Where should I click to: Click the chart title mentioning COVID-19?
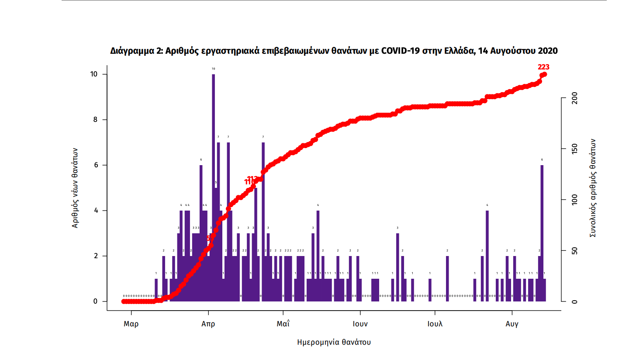click(x=334, y=51)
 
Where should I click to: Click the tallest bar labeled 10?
click(x=213, y=188)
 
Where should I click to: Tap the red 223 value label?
click(x=543, y=67)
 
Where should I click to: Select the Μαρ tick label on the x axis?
click(x=131, y=324)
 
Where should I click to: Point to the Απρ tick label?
click(x=208, y=324)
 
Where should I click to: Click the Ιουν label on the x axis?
click(x=360, y=324)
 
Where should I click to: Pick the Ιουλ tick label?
click(x=435, y=324)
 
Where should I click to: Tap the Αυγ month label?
click(x=512, y=324)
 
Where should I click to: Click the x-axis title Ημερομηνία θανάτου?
click(x=334, y=342)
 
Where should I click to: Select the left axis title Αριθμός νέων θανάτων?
click(x=75, y=187)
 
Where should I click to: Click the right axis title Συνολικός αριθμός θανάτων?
click(x=593, y=188)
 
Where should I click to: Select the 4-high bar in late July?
click(x=487, y=256)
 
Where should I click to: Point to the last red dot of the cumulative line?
click(x=544, y=74)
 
